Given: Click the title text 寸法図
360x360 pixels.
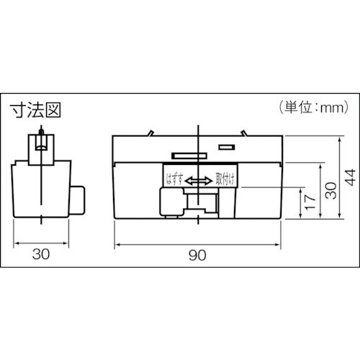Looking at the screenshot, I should [x=35, y=110].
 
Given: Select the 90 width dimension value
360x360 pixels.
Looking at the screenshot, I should [x=197, y=256].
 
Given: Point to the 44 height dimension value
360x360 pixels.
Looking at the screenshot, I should [x=348, y=176].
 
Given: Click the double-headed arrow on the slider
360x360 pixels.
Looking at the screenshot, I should [x=197, y=181].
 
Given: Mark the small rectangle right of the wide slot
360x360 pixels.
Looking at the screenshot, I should [x=226, y=148].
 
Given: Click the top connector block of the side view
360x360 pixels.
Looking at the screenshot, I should [x=41, y=146].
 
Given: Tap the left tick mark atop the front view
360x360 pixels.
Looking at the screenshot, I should [x=149, y=132].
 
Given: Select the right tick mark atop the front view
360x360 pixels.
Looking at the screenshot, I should [x=245, y=132].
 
